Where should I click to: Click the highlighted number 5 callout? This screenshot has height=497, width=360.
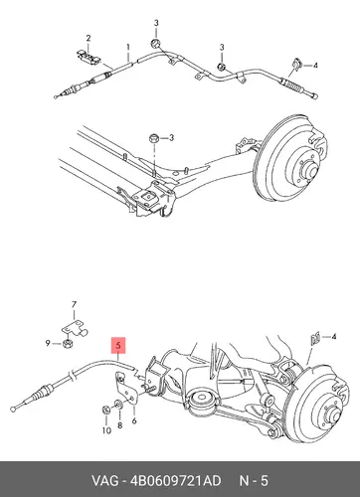[x=119, y=346]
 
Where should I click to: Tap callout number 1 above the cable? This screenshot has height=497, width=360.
[x=128, y=48]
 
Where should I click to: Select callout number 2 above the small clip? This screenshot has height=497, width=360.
[x=89, y=39]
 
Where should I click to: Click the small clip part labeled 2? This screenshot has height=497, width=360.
[x=89, y=57]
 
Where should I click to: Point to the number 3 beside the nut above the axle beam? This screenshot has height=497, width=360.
[x=171, y=137]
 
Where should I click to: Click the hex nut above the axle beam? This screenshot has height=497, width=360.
[x=153, y=138]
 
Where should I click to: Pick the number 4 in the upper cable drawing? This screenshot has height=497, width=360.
[x=315, y=66]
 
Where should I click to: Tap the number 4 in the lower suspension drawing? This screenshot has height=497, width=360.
[x=333, y=337]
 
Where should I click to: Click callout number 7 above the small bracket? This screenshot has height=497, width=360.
[x=74, y=304]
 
